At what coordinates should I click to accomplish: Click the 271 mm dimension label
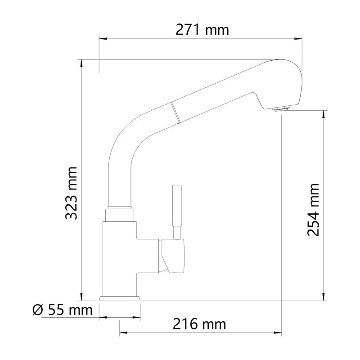202,30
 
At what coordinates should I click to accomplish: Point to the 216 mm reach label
199,324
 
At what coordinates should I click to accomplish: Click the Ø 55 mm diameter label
63,310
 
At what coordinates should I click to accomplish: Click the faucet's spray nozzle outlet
282,108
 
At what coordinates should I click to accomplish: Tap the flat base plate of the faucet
120,298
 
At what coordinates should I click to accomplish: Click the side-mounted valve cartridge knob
172,255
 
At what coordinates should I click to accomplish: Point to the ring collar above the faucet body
119,208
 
